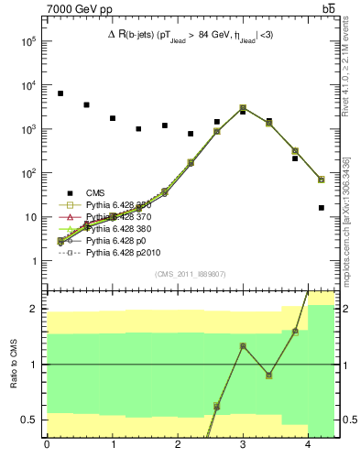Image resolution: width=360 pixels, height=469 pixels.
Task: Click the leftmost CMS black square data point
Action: coord(60,93)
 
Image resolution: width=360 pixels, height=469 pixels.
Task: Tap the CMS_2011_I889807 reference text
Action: coord(190,274)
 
